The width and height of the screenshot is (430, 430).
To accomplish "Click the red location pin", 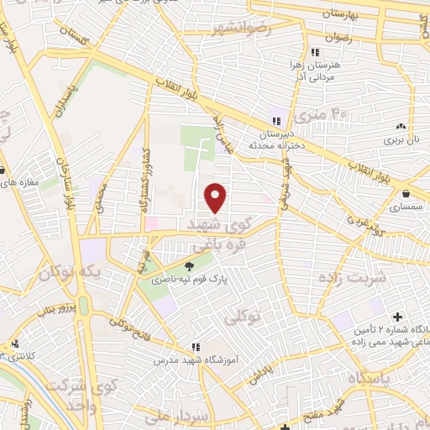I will click(x=216, y=197).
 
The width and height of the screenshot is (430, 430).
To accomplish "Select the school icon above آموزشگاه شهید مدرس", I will click(x=196, y=346).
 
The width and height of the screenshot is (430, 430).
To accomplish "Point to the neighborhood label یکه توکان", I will click(x=71, y=273).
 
